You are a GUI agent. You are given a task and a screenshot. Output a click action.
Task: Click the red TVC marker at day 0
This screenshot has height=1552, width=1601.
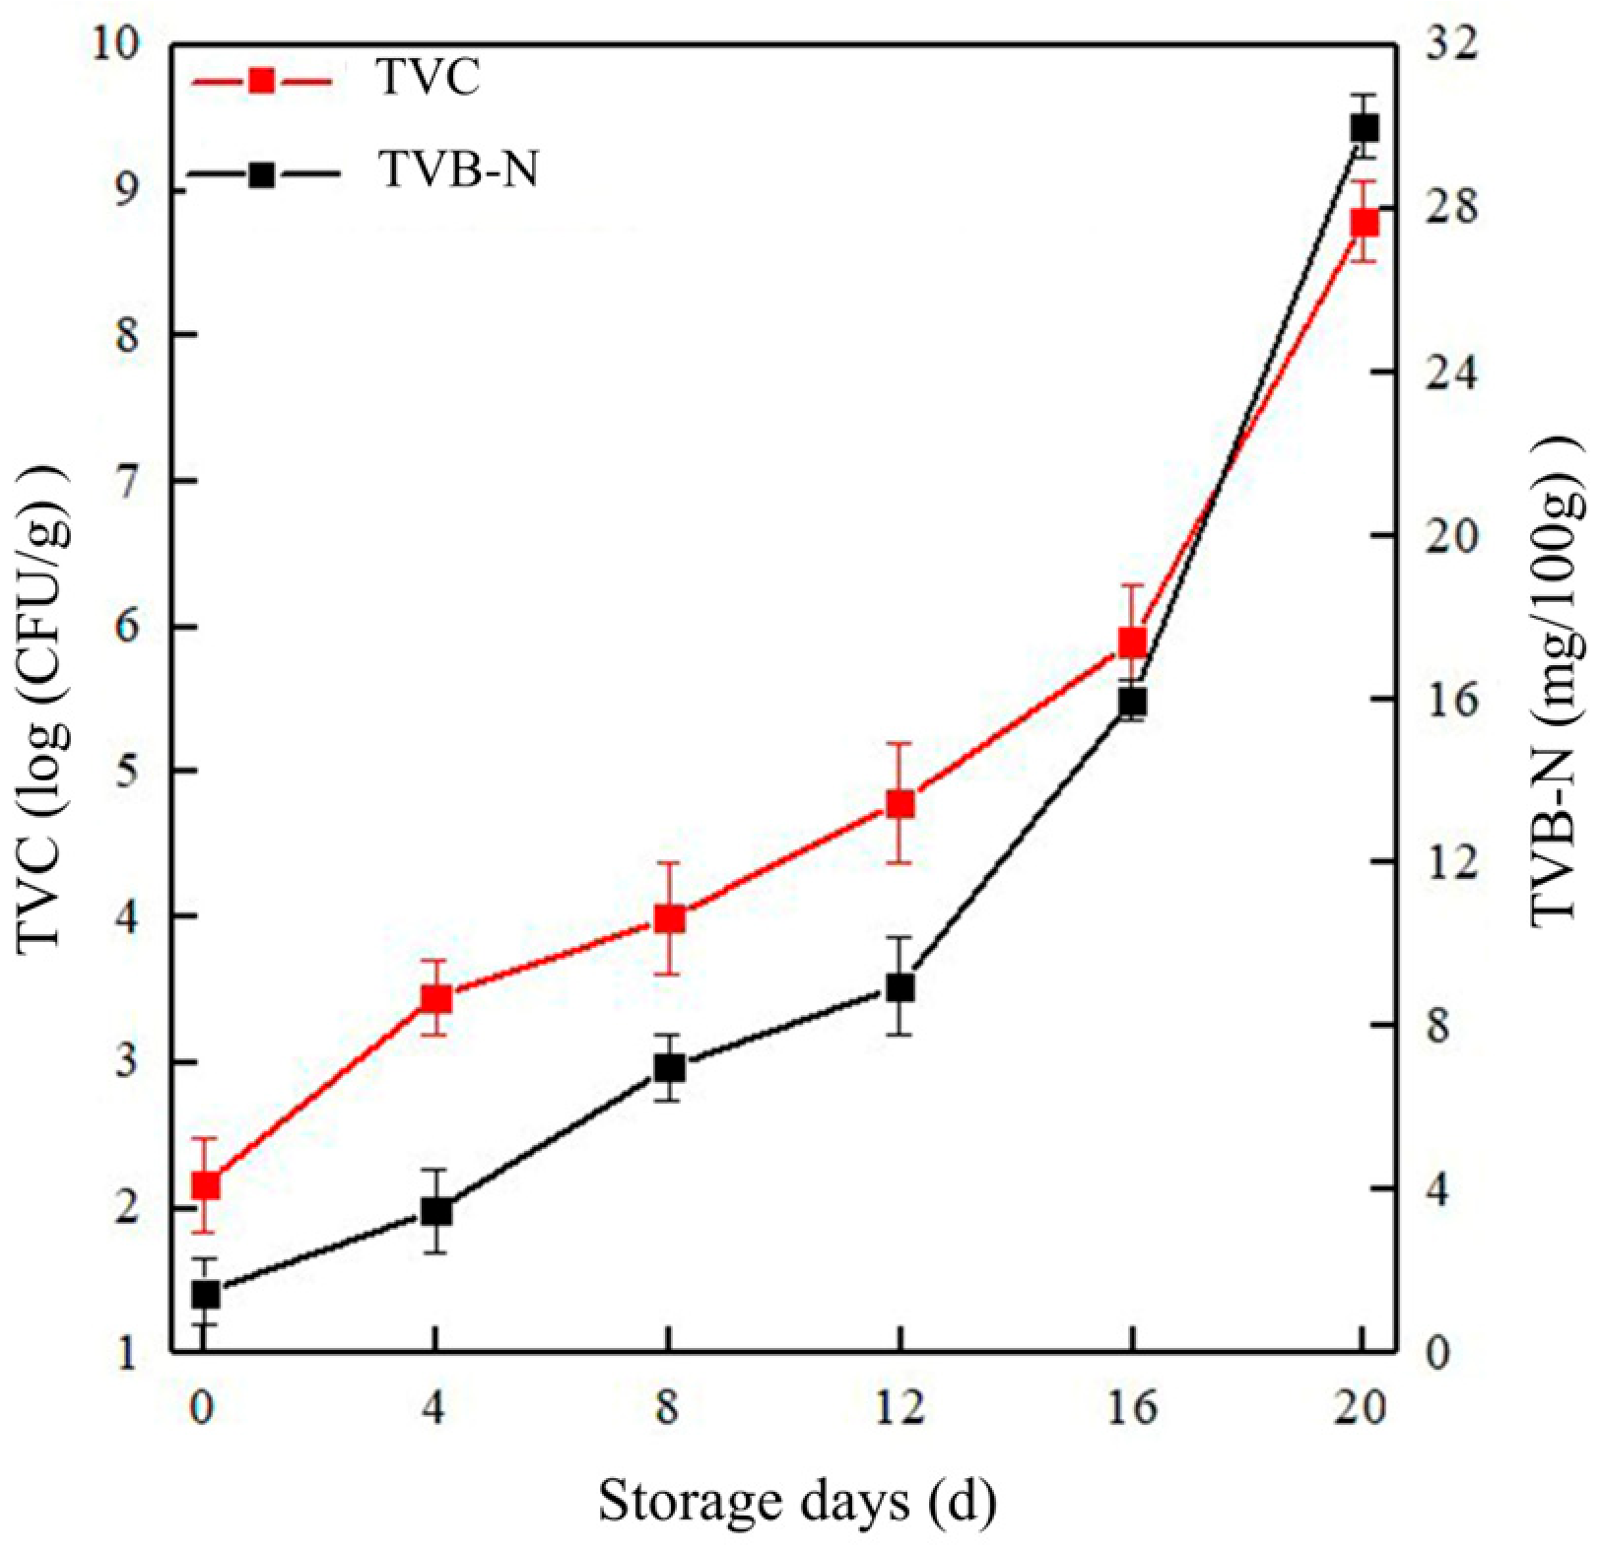pos(205,1184)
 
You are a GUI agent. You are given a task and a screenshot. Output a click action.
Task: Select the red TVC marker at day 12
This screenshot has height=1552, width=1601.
pos(900,804)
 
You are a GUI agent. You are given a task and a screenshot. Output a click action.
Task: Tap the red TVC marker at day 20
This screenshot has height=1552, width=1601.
pos(1365,223)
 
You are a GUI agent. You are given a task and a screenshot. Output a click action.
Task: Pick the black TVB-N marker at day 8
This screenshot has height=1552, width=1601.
pos(669,1068)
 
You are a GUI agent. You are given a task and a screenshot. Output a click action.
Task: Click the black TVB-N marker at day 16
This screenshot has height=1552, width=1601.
pos(1133,703)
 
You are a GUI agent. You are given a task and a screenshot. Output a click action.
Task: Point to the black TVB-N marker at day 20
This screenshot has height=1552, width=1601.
pos(1365,128)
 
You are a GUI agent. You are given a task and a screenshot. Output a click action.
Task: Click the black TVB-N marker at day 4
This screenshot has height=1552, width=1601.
pos(436,1211)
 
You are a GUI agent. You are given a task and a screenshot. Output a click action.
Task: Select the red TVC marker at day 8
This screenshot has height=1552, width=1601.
pos(669,919)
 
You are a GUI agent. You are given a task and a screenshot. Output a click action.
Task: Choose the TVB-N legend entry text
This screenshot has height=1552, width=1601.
pos(458,171)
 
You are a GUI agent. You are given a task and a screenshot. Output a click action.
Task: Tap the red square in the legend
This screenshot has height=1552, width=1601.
pos(262,80)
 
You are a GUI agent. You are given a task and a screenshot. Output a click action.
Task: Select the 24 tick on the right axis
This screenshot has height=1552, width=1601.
pos(1453,372)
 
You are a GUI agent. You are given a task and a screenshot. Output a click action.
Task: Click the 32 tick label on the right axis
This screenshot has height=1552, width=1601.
pos(1453,45)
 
